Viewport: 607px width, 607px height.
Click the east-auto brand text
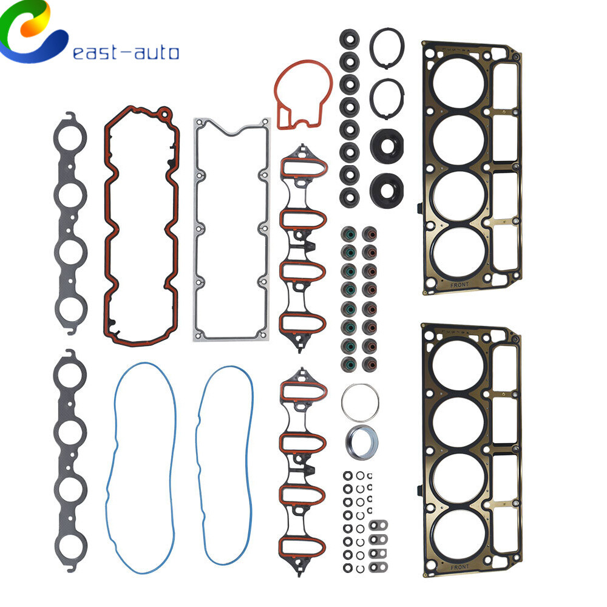point(126,53)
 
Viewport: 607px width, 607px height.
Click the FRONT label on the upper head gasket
point(459,285)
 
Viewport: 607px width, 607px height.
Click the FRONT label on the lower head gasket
point(459,567)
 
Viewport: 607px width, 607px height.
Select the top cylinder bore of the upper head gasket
point(458,83)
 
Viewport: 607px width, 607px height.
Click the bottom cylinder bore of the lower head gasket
point(458,534)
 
